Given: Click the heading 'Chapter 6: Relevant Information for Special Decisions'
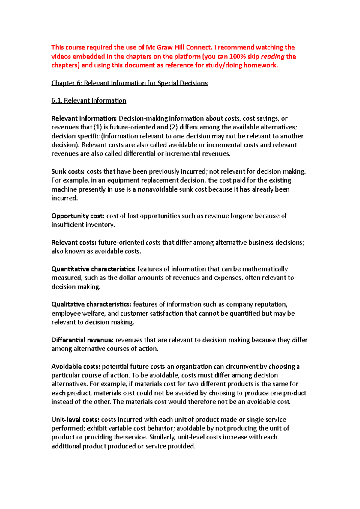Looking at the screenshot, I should click(x=129, y=83).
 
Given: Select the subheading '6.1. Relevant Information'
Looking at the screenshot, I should click(x=89, y=100).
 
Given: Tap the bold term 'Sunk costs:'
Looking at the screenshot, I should click(x=68, y=171).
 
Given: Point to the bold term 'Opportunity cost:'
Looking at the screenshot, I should click(x=78, y=216).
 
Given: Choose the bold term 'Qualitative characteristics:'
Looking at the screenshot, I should click(x=91, y=304).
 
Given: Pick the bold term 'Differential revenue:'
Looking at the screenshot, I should click(x=82, y=340).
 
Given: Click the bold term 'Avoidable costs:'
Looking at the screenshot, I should click(x=76, y=366).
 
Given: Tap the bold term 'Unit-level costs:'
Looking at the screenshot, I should click(x=75, y=420).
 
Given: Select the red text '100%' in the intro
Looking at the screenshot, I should click(x=238, y=56).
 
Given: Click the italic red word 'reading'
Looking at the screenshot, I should click(x=273, y=56).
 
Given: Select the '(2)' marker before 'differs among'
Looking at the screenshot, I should click(x=174, y=127).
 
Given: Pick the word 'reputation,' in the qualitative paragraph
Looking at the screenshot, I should click(x=271, y=304).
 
